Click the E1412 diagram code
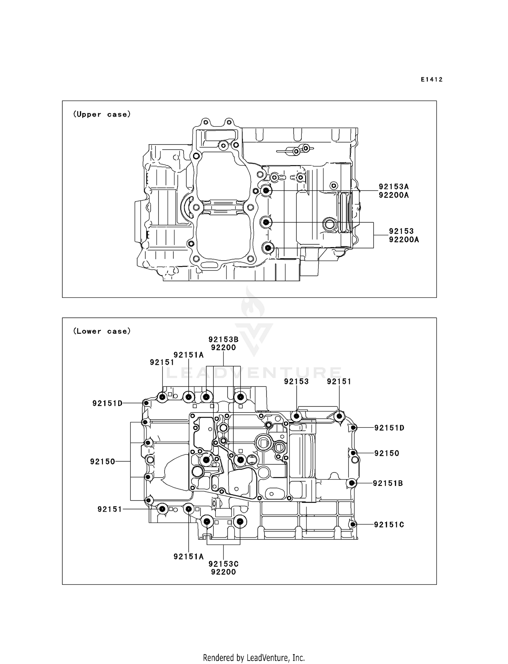(x=431, y=80)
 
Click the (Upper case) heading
(x=102, y=114)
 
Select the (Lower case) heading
(x=102, y=331)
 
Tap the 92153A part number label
(x=394, y=186)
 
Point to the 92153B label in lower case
(x=223, y=339)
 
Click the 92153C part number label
(x=223, y=564)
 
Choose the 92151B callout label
(x=388, y=483)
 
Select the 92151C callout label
(x=389, y=525)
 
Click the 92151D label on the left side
(x=107, y=403)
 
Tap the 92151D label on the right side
(x=389, y=428)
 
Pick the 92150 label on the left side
(x=103, y=461)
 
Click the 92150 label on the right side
(x=387, y=453)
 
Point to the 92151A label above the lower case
(x=188, y=355)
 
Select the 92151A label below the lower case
(x=188, y=556)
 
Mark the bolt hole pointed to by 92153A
(x=266, y=191)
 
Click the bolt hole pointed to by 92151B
(x=352, y=483)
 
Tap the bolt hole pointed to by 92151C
(x=353, y=524)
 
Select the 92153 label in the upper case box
(x=401, y=231)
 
